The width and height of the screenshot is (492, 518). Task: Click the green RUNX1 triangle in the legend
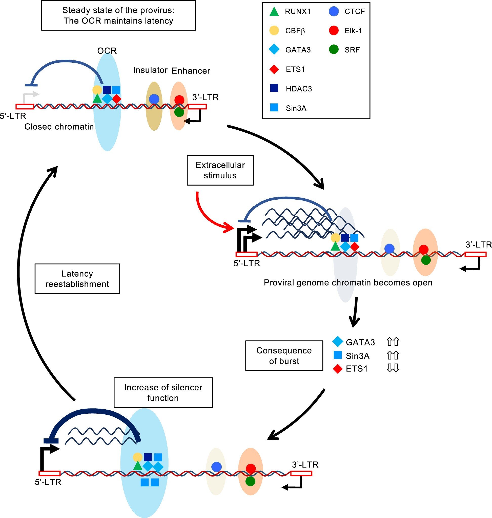point(274,12)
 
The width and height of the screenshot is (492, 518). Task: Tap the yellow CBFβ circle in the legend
point(274,31)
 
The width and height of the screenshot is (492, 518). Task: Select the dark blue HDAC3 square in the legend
point(274,88)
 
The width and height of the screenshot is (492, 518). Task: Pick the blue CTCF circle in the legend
point(334,12)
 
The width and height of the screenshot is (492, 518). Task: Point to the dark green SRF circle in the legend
point(334,50)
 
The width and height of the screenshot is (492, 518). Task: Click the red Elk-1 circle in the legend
point(334,31)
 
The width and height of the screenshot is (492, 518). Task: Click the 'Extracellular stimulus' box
point(220,170)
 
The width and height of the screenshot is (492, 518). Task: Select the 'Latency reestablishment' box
point(77,279)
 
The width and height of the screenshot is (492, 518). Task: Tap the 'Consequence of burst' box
point(284,356)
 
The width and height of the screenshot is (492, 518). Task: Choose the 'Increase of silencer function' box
point(163,393)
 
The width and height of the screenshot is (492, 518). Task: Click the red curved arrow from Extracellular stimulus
point(207,217)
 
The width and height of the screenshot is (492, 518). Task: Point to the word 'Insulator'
point(150,70)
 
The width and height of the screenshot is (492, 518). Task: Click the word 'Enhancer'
point(191,71)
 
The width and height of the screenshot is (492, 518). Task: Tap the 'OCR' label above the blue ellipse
point(107,51)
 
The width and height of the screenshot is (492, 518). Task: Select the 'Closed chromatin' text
point(59,127)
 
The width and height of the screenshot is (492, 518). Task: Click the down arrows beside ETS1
point(393,368)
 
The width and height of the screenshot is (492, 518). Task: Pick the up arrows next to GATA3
point(393,342)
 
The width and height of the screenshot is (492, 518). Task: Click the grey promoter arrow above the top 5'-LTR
point(30,96)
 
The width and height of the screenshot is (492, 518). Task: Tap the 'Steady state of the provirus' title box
point(118,15)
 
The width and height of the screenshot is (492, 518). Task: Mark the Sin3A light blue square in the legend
point(274,108)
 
